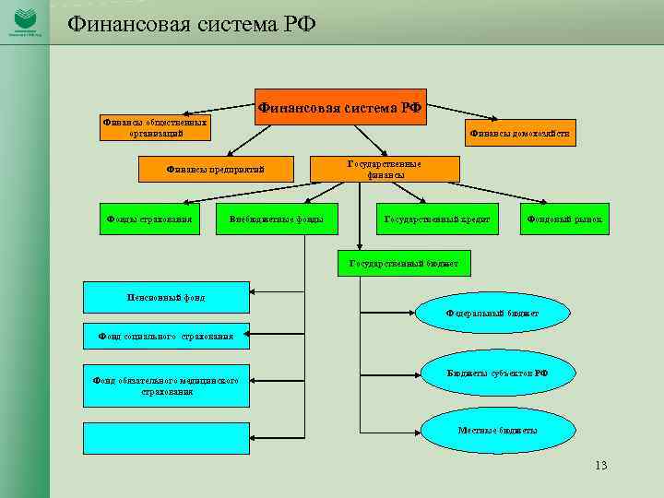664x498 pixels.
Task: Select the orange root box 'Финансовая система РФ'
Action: point(340,107)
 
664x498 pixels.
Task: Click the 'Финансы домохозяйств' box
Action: point(519,134)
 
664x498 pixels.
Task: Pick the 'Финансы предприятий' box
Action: point(216,170)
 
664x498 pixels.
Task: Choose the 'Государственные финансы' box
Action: point(384,169)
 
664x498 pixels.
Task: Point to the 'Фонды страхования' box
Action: point(149,219)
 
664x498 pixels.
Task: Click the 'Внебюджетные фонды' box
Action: point(277,219)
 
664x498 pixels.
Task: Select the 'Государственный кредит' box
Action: point(436,219)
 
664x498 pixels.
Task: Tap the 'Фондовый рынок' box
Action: point(564,219)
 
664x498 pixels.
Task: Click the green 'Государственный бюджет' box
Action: point(404,264)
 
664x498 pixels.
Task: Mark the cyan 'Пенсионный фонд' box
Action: point(166,297)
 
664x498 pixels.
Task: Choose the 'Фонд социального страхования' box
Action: point(166,336)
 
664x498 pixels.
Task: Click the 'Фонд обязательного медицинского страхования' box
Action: point(166,385)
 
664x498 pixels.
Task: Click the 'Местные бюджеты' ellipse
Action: point(497,431)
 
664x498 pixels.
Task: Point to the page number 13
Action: point(601,465)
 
